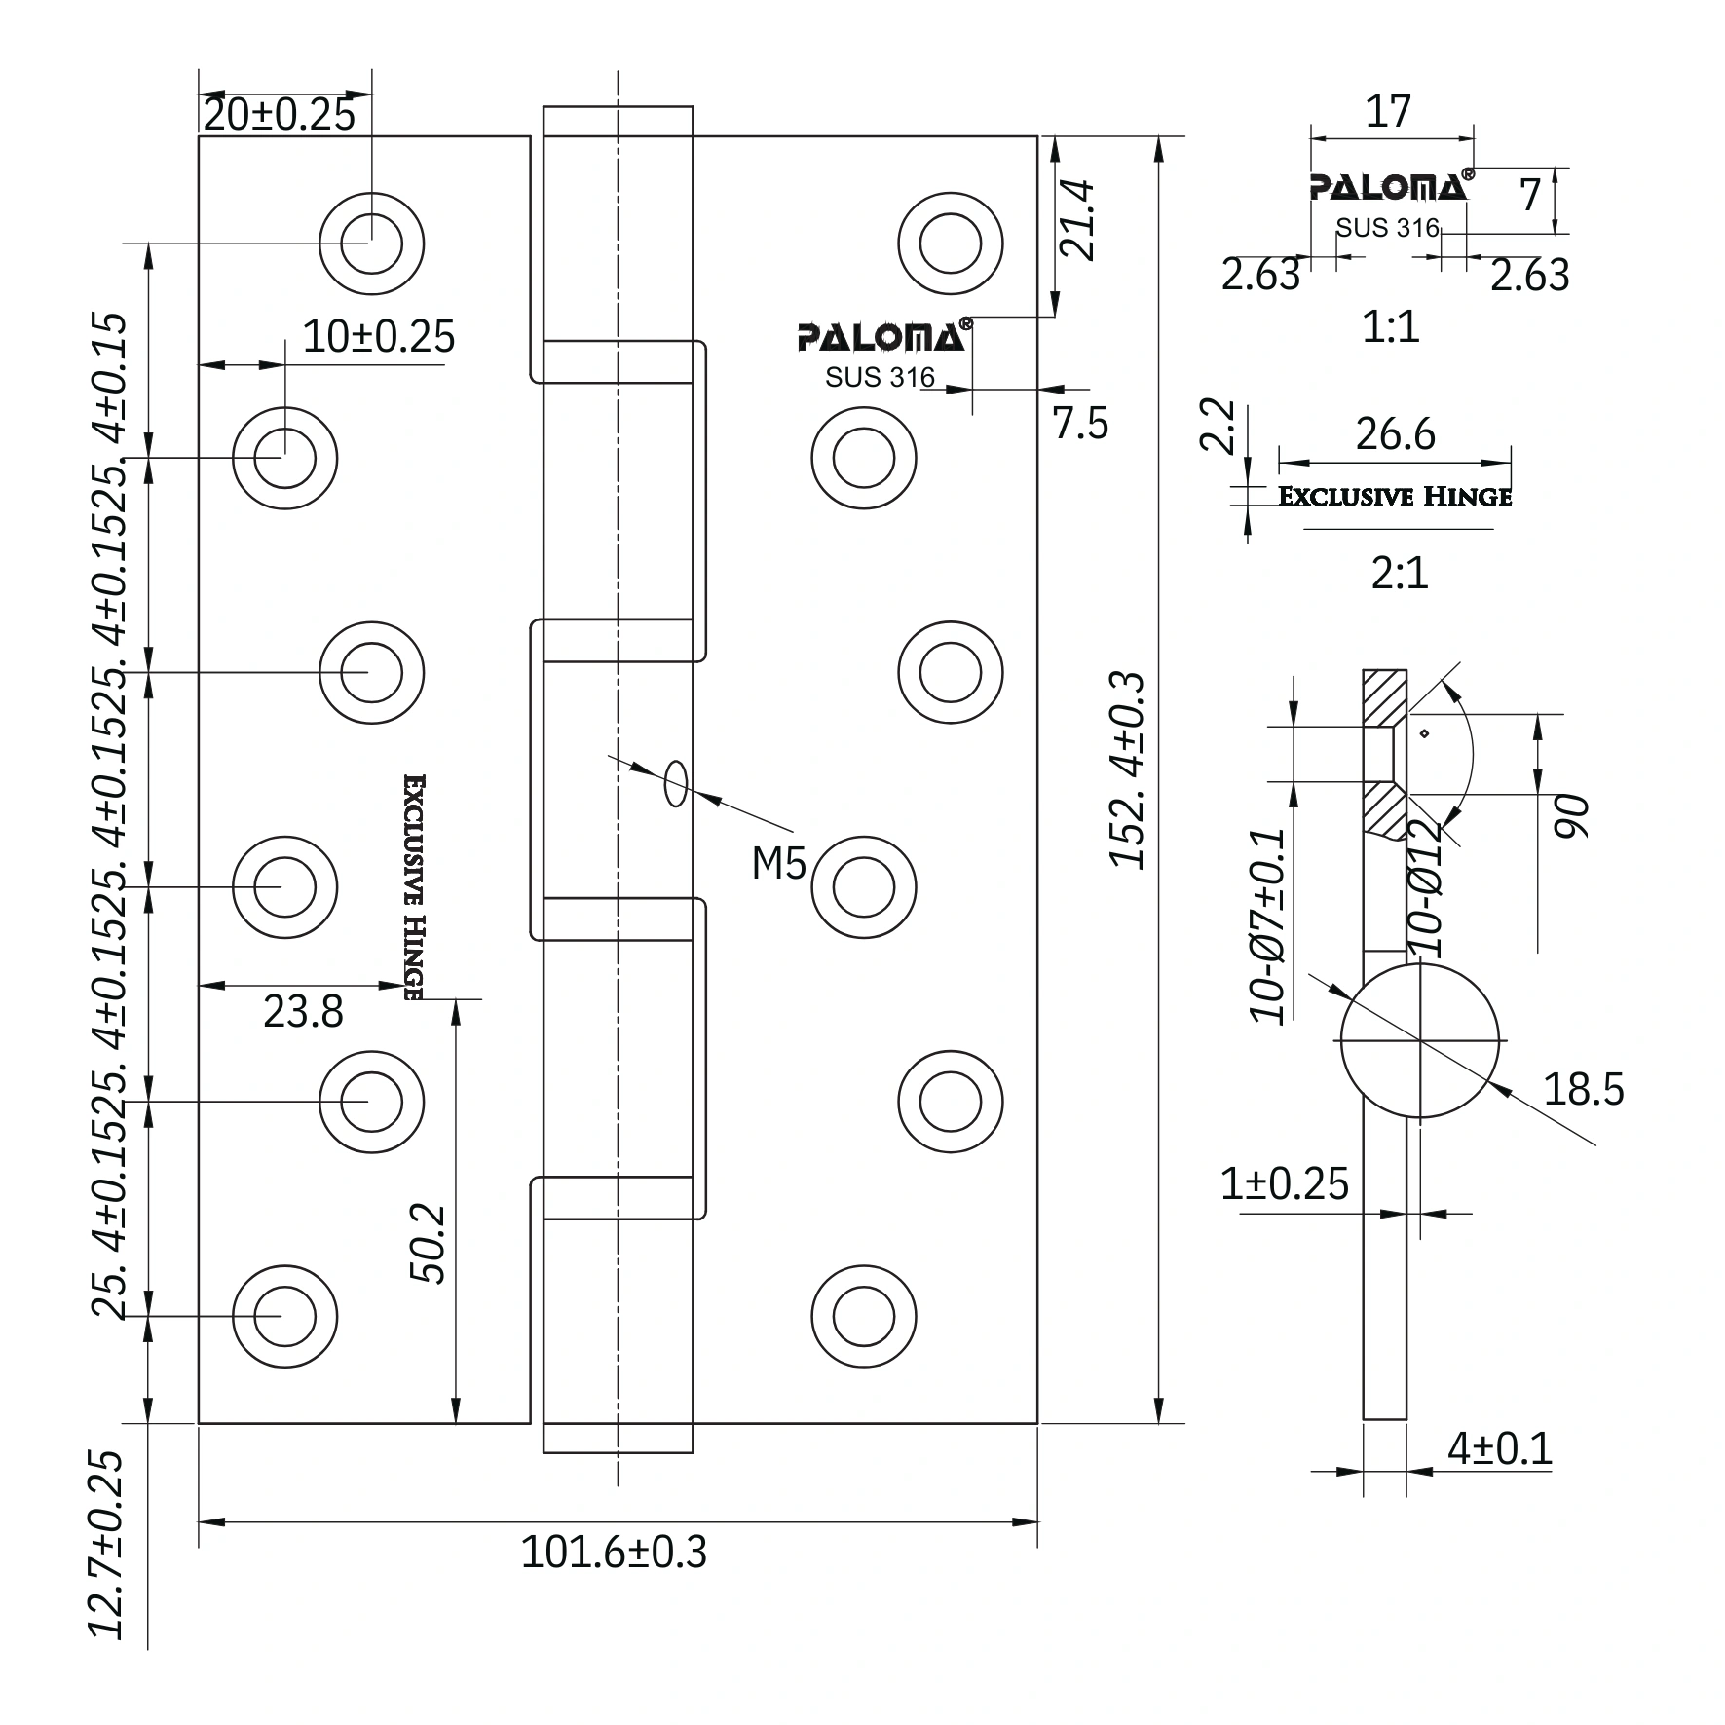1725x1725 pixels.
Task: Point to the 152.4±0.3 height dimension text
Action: [x=1128, y=769]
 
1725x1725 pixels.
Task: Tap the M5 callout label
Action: [x=778, y=863]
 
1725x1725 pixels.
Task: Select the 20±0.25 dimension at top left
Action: [x=280, y=115]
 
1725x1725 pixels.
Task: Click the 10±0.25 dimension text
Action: [x=379, y=337]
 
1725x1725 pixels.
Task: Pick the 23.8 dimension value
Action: [x=303, y=1012]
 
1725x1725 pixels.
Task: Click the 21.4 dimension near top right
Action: [x=1078, y=220]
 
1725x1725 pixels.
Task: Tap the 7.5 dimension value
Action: [x=1080, y=424]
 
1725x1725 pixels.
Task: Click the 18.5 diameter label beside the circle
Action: [x=1584, y=1088]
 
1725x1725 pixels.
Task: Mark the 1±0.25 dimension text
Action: [x=1284, y=1184]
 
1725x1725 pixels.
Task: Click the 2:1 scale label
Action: [x=1400, y=574]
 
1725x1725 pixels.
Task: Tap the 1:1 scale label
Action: [x=1391, y=327]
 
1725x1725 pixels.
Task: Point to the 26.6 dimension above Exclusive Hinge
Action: [x=1395, y=434]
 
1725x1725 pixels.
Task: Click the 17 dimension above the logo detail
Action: [x=1388, y=112]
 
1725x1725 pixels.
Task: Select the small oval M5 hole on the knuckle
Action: [x=675, y=784]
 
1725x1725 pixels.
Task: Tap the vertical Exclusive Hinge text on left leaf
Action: [x=413, y=887]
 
